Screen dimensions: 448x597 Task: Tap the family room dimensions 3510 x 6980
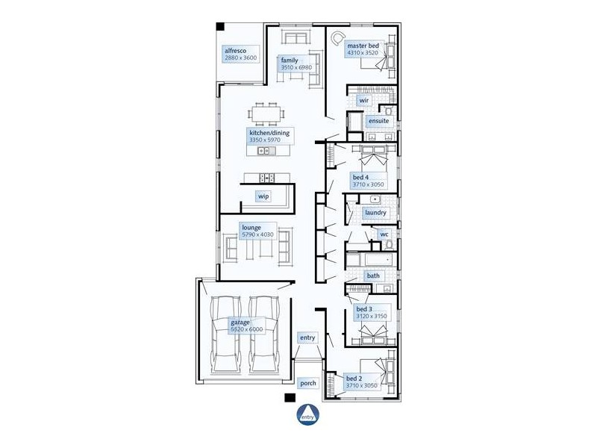[296, 68]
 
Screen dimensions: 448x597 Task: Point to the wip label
[263, 196]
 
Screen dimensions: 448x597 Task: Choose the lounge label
[251, 226]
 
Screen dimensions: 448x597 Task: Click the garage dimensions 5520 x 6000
[248, 329]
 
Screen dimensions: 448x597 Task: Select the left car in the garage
[226, 335]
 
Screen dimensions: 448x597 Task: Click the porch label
[307, 383]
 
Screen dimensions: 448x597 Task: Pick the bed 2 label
[354, 379]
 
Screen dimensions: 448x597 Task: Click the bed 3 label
[363, 309]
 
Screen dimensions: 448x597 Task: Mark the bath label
[373, 276]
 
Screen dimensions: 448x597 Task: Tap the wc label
[385, 234]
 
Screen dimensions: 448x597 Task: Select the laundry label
[375, 213]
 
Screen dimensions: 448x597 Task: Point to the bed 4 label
[360, 177]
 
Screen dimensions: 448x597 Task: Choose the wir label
[364, 99]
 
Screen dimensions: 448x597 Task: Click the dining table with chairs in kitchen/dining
[268, 113]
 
